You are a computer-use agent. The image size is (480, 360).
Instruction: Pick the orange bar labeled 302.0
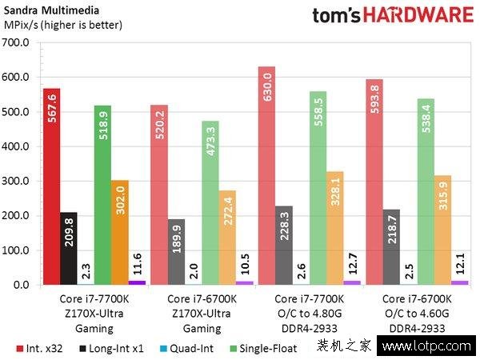click(x=120, y=232)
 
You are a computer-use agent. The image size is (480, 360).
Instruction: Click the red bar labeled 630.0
click(x=266, y=176)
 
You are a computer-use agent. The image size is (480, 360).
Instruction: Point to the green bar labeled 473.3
click(x=210, y=203)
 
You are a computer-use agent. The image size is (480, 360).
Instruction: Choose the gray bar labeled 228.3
click(x=283, y=245)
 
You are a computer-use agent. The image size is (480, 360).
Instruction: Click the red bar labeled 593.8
click(x=374, y=182)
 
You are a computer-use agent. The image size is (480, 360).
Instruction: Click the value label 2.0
click(x=193, y=270)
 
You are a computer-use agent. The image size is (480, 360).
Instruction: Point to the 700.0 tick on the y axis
click(x=17, y=42)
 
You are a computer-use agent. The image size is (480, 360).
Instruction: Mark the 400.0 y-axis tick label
click(x=17, y=146)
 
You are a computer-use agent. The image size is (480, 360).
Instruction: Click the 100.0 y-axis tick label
click(x=17, y=250)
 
